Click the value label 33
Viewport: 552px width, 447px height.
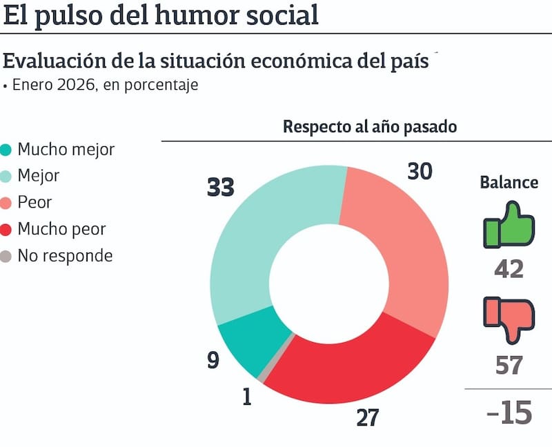(x=221, y=187)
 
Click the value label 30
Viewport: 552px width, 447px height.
(x=420, y=172)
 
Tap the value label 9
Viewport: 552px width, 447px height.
(x=213, y=360)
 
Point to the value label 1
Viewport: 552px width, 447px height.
(x=247, y=398)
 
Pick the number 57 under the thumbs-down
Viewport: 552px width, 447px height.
(x=509, y=366)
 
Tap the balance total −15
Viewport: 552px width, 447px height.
(x=509, y=413)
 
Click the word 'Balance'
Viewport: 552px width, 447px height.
(x=509, y=183)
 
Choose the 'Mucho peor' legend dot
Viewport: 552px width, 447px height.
(x=7, y=229)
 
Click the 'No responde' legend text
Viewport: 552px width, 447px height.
(x=65, y=256)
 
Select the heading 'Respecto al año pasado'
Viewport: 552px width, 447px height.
(x=370, y=128)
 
